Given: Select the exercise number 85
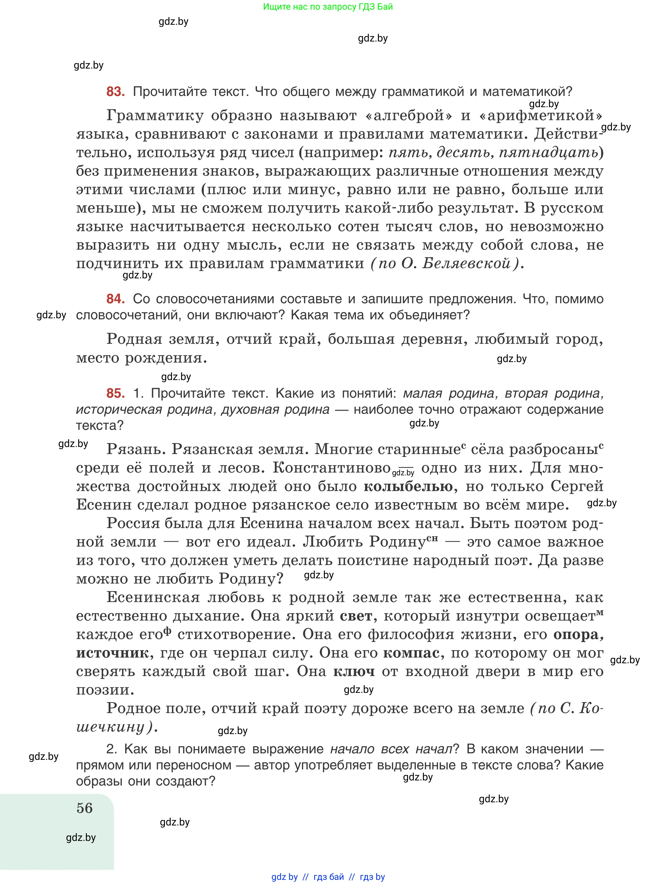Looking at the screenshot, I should pos(115,393).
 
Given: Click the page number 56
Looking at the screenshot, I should pos(85,808).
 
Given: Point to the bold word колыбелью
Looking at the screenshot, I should pos(408,486).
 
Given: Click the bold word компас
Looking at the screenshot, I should pos(411,653).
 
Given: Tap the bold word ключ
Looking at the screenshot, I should pos(354,671).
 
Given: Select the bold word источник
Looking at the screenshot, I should pos(113,653).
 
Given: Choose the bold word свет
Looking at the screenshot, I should pos(356,616).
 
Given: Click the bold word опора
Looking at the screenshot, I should pos(578,634).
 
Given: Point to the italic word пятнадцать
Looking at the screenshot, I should pos(548,153).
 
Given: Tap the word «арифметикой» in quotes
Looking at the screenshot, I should pos(541,116).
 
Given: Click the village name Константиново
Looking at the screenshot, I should pos(331,468).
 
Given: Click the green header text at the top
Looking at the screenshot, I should pos(328,7).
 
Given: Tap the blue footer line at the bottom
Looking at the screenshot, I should pos(328,877).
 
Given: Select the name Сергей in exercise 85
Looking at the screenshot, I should pos(577,486).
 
